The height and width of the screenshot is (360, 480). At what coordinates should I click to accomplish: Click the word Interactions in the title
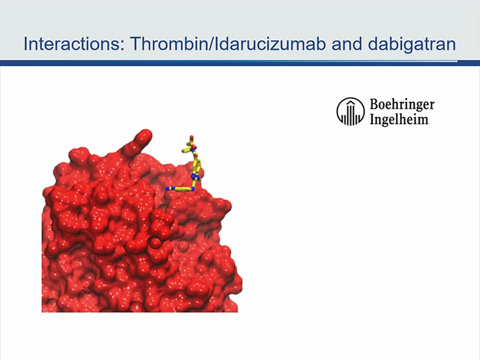click(x=72, y=44)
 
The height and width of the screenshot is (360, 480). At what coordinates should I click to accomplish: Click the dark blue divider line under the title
click(x=240, y=63)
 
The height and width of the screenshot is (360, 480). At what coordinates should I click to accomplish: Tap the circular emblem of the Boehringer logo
click(x=351, y=112)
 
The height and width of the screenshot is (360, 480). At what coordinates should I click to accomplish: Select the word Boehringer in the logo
click(x=402, y=105)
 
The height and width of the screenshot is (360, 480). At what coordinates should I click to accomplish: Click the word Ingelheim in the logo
click(x=399, y=119)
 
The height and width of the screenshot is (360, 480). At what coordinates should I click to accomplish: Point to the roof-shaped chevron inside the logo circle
click(x=351, y=103)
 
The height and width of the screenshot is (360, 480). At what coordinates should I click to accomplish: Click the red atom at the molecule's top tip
click(x=192, y=138)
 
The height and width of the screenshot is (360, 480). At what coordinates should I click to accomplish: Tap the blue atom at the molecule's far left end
click(x=167, y=188)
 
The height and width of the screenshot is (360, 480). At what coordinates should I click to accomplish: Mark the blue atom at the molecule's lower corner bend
click(x=193, y=189)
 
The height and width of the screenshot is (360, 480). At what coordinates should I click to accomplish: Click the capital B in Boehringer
click(x=375, y=104)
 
